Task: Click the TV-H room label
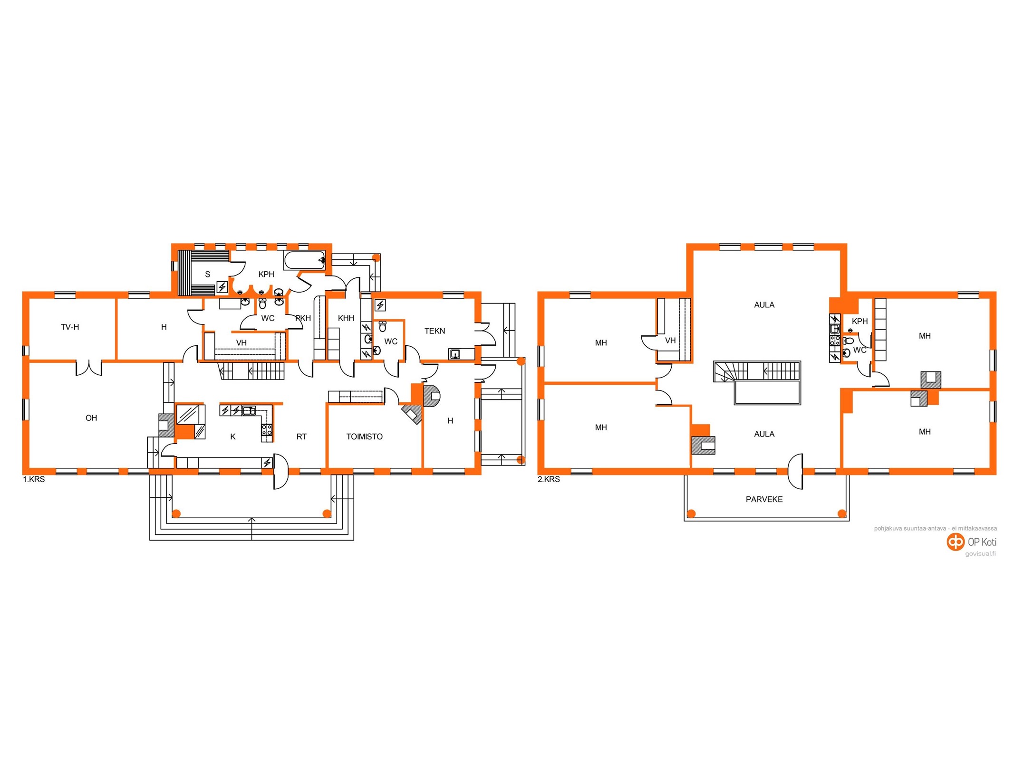[x=70, y=327]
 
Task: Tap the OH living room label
[x=91, y=418]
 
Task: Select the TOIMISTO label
[x=364, y=437]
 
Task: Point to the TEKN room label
[x=435, y=331]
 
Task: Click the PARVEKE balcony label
[x=764, y=499]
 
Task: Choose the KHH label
[x=346, y=318]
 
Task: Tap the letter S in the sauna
[x=207, y=275]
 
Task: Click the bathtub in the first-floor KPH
[x=305, y=260]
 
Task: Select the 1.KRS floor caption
[x=34, y=479]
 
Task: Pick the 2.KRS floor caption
[x=549, y=479]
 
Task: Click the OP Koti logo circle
[x=955, y=541]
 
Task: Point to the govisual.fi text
[x=980, y=554]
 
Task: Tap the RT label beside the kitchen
[x=301, y=437]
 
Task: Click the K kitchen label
[x=233, y=437]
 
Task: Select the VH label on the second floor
[x=670, y=341]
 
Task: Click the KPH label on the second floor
[x=859, y=321]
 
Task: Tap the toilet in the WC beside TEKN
[x=383, y=326]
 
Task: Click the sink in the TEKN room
[x=455, y=354]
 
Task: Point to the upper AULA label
[x=764, y=305]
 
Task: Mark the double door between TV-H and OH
[x=89, y=368]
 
